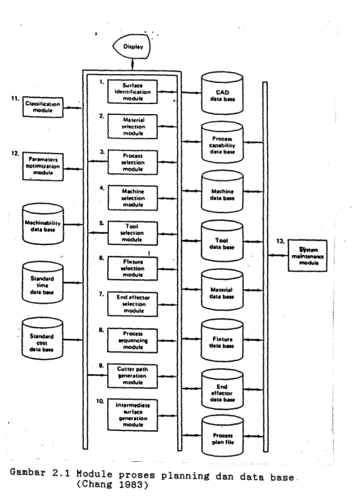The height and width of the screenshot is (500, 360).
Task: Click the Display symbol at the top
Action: coord(131,47)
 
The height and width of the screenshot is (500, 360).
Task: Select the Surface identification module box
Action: coord(133,92)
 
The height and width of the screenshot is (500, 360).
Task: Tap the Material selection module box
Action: coord(133,126)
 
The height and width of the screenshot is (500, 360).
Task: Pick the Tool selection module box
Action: coord(133,233)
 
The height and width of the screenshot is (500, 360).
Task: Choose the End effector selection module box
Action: coord(133,304)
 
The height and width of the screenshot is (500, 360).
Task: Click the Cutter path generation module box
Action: coord(133,376)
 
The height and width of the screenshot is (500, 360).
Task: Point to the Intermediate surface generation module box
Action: coord(133,415)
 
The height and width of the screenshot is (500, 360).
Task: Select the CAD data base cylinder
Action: coord(222,93)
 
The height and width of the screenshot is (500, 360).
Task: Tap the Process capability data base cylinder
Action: coord(222,143)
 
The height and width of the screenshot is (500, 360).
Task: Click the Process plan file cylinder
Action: coord(222,436)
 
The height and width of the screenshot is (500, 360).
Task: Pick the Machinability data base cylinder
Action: coord(43,224)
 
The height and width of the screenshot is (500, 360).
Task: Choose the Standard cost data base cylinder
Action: coord(42,339)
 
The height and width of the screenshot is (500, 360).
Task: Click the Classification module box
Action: coord(43,107)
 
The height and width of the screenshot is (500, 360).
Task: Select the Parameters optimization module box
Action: coord(43,167)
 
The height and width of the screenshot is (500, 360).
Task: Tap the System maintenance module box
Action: coord(307,256)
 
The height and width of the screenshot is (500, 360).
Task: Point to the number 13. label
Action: coord(280,241)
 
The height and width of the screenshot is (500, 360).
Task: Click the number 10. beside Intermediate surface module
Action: coord(100,401)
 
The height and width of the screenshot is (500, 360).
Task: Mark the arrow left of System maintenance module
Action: coord(278,255)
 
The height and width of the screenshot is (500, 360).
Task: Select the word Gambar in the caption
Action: coord(28,472)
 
